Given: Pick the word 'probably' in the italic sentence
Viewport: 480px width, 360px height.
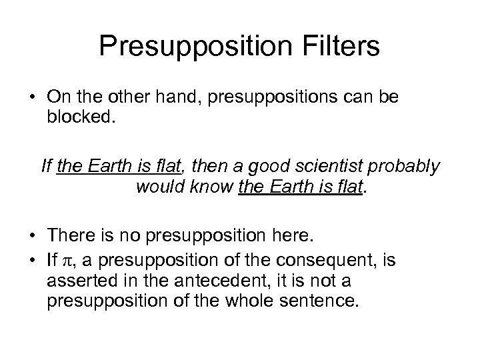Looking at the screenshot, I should click(407, 166).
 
